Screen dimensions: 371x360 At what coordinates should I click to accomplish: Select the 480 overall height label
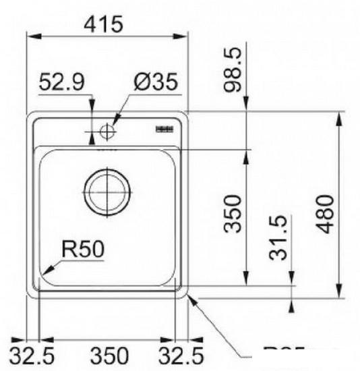(325, 212)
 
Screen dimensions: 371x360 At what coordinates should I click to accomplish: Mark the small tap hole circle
(107, 132)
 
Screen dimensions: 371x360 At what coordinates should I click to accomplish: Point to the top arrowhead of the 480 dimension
(338, 117)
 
